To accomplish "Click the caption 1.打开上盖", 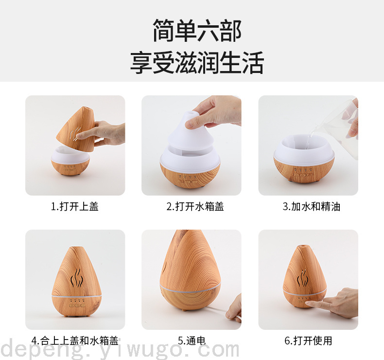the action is tap(75, 207).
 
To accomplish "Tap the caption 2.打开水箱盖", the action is tap(195, 207).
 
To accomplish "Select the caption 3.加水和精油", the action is tap(312, 207).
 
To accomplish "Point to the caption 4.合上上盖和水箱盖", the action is tap(75, 341).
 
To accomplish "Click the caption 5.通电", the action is tap(192, 341).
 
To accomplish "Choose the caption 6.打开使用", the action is tap(308, 341).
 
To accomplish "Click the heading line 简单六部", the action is tap(197, 31).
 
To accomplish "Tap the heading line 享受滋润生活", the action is tap(197, 62).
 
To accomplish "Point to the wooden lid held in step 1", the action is tap(76, 128).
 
